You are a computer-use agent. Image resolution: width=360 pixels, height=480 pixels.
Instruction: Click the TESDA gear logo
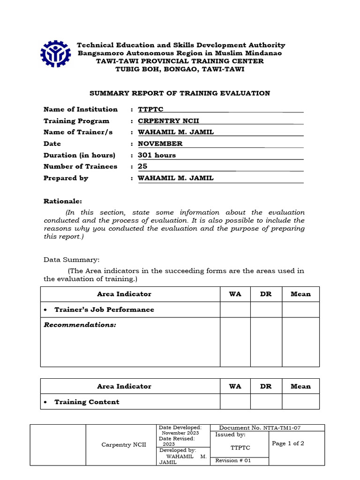click(x=56, y=55)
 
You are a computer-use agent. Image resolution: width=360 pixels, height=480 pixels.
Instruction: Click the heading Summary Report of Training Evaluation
click(x=180, y=93)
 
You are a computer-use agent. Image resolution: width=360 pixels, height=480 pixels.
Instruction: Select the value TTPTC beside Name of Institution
click(x=150, y=110)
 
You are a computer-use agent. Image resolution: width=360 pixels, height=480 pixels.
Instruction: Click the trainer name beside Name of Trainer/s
click(x=175, y=132)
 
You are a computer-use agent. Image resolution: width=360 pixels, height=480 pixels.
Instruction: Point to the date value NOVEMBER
click(x=160, y=144)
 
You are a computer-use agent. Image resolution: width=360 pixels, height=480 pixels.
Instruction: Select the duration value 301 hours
click(x=157, y=155)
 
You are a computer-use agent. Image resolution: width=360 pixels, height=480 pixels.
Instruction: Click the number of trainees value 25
click(x=142, y=166)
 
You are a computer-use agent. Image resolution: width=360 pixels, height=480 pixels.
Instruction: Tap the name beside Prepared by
click(x=175, y=178)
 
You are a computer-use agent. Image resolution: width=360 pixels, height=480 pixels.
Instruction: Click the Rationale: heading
click(x=63, y=201)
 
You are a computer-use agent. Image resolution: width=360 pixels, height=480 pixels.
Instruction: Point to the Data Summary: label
click(x=71, y=260)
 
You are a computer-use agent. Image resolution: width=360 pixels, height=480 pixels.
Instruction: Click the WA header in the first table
click(x=235, y=294)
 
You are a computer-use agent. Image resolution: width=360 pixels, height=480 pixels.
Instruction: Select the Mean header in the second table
click(x=300, y=386)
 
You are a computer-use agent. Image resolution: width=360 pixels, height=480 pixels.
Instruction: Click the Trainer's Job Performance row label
click(x=104, y=310)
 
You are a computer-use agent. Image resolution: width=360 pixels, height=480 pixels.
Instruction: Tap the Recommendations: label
click(x=80, y=325)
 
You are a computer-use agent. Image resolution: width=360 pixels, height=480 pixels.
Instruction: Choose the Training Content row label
click(x=87, y=402)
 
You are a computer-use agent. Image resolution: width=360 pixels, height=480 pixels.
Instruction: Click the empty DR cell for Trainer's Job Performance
click(x=265, y=310)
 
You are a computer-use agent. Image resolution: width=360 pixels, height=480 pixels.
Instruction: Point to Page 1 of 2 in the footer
click(x=288, y=443)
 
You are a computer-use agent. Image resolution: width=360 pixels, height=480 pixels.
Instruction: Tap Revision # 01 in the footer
click(x=233, y=460)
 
